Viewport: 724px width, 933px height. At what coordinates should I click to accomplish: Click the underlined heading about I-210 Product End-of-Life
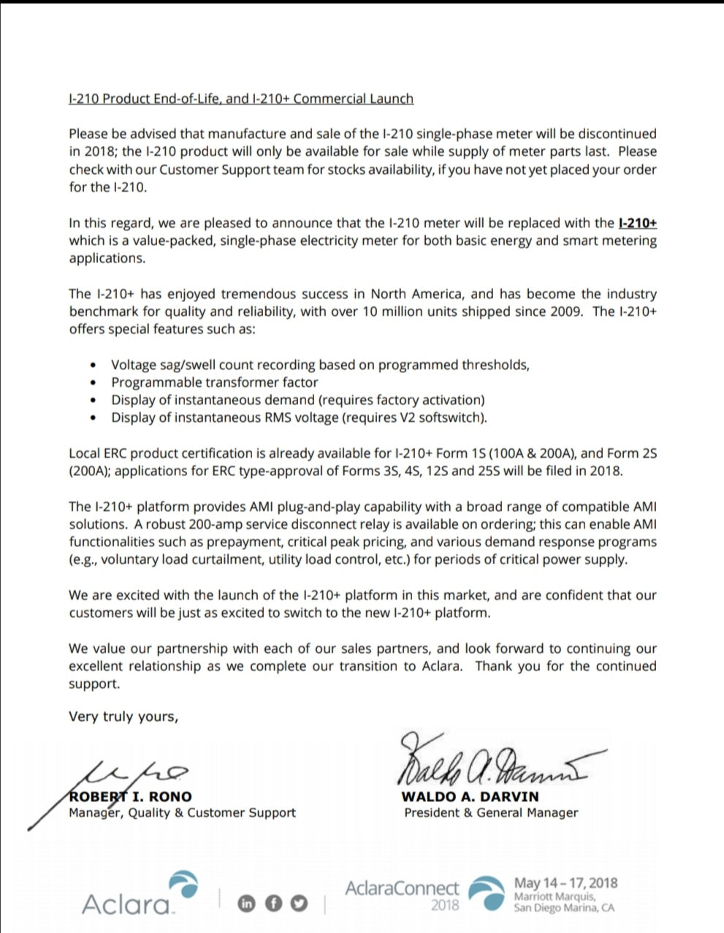click(x=241, y=99)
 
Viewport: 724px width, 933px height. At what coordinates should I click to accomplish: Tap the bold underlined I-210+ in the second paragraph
click(x=637, y=223)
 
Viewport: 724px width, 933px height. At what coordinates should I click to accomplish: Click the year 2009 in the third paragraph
click(x=568, y=311)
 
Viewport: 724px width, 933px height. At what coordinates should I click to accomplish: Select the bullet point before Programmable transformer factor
click(x=93, y=382)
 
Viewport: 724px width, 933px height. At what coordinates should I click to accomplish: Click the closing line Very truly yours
click(x=123, y=717)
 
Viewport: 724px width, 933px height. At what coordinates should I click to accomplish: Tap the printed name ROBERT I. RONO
click(x=130, y=796)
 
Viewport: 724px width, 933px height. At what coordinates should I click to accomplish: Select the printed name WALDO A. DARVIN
click(x=470, y=796)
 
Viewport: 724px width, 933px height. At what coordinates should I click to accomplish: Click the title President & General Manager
click(x=491, y=812)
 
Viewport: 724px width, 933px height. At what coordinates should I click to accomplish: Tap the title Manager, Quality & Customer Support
click(x=182, y=812)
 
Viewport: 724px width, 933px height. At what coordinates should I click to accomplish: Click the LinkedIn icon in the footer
click(x=247, y=903)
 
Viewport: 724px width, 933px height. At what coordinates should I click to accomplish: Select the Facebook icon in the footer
click(x=273, y=903)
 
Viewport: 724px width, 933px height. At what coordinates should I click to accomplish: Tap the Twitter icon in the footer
click(x=299, y=903)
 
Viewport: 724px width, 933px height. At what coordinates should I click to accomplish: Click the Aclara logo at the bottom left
click(x=139, y=895)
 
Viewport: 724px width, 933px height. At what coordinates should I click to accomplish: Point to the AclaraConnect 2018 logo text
click(x=403, y=894)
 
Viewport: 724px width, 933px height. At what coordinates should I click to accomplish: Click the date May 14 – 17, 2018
click(x=565, y=883)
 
